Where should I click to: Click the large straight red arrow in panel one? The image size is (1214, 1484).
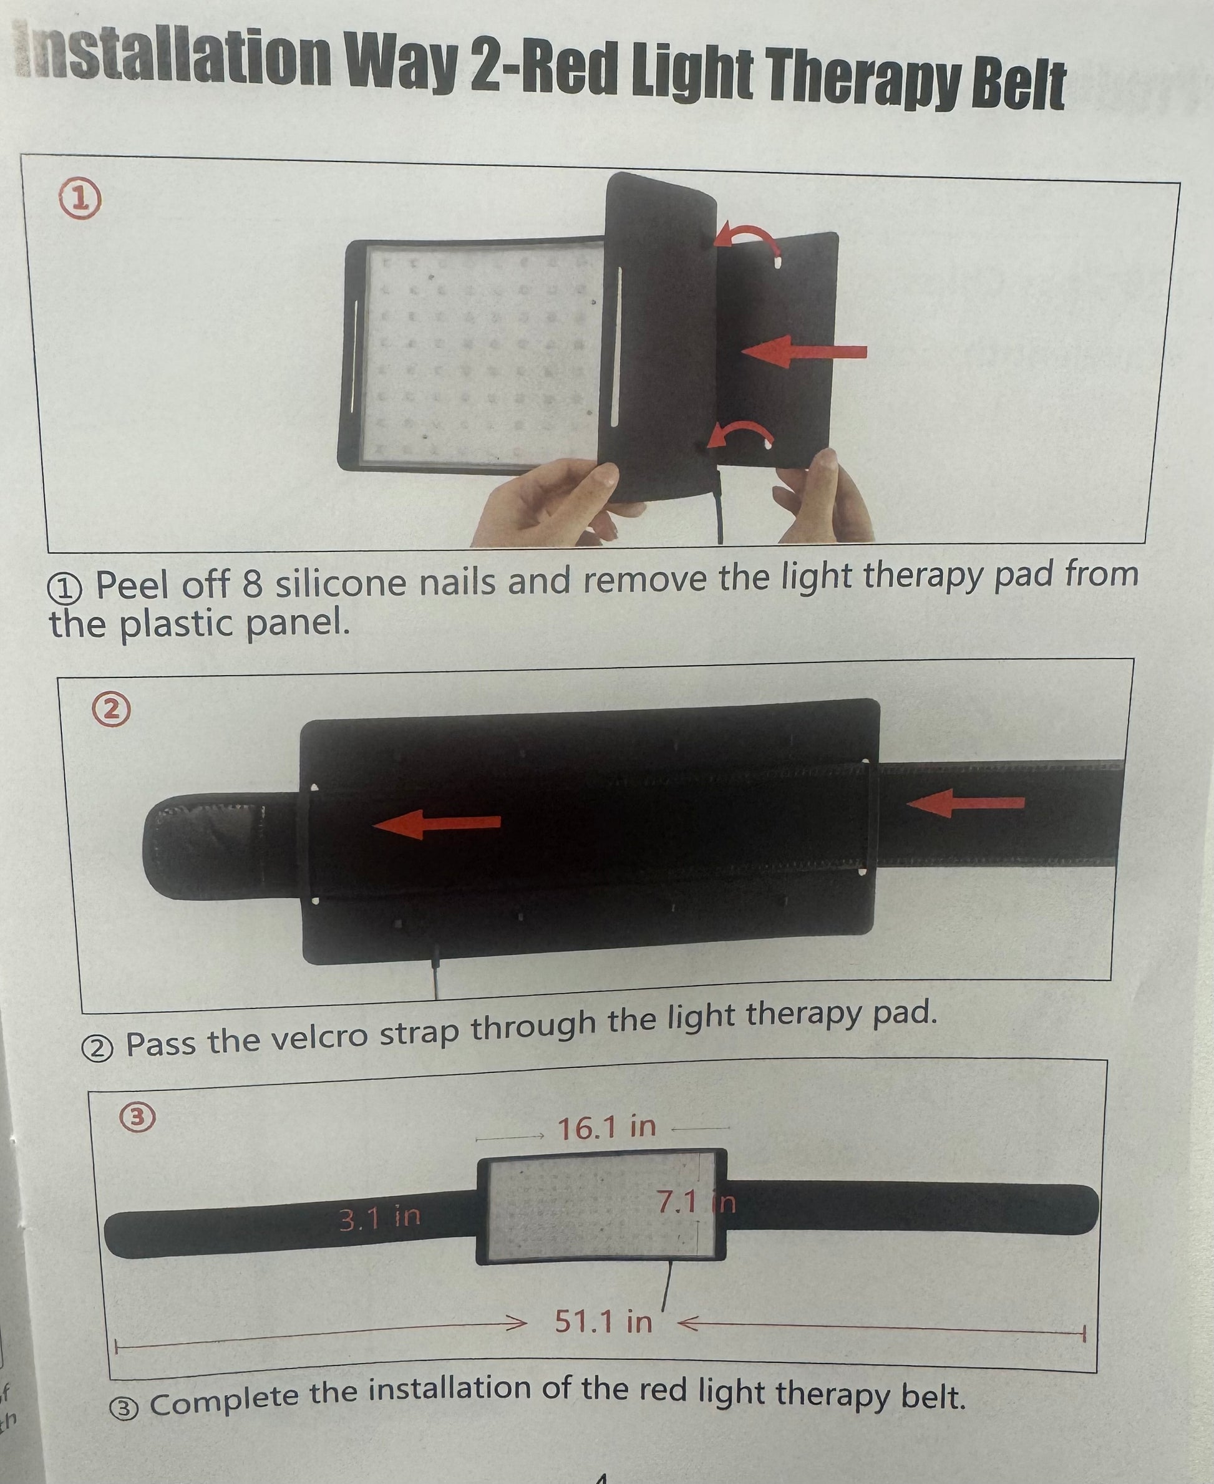[804, 351]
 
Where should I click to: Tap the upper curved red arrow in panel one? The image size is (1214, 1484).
[747, 240]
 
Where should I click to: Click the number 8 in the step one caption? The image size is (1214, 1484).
[253, 584]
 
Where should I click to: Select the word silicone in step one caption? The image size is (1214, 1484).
[341, 583]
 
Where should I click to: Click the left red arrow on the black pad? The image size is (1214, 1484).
[438, 824]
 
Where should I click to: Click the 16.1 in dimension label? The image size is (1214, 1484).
[606, 1127]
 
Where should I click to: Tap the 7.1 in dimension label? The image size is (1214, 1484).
[696, 1201]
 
